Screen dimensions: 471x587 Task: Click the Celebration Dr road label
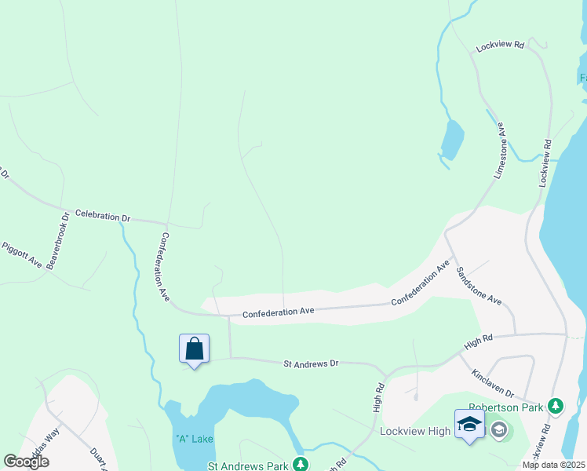click(x=102, y=215)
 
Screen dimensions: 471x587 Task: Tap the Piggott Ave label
click(x=22, y=255)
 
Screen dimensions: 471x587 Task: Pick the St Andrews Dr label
click(x=310, y=363)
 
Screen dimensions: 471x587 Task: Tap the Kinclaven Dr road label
click(x=493, y=382)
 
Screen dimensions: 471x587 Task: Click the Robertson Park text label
click(x=506, y=407)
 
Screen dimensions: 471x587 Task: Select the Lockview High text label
click(x=415, y=431)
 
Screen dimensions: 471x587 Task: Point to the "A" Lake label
click(x=194, y=439)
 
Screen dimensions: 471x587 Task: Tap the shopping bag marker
click(x=194, y=349)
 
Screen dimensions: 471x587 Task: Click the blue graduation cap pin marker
click(x=469, y=425)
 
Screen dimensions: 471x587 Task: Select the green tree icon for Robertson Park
click(x=556, y=407)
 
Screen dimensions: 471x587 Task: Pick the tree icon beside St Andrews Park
click(x=299, y=465)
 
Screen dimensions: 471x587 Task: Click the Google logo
click(x=26, y=462)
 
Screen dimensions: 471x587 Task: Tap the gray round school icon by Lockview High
click(x=498, y=429)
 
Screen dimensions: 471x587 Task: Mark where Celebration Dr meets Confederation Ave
click(x=166, y=222)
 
